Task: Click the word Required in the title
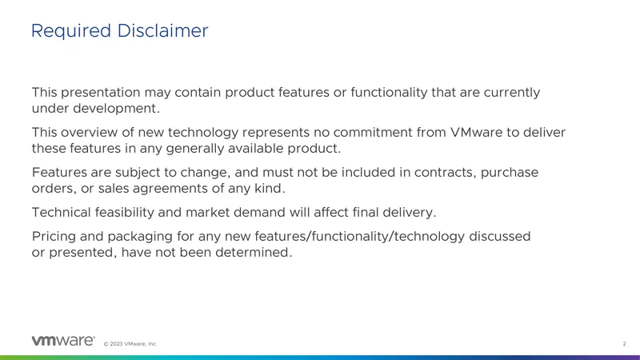(71, 31)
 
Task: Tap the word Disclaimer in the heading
(163, 30)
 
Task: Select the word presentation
(101, 93)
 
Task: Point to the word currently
(512, 93)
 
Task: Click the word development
(116, 109)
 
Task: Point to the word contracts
(446, 173)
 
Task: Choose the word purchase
(510, 174)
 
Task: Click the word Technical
(62, 213)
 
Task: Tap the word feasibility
(125, 213)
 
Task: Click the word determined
(254, 253)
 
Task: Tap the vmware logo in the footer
(63, 341)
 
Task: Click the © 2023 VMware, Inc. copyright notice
(130, 344)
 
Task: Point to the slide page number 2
(624, 344)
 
